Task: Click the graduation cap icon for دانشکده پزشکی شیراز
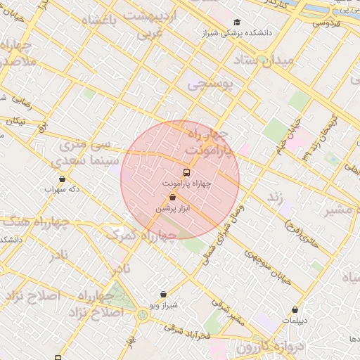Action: (x=236, y=22)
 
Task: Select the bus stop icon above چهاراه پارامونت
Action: (x=186, y=172)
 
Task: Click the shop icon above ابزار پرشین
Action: (x=173, y=198)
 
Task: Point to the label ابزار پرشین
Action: (x=173, y=209)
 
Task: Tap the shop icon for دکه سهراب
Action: (x=63, y=179)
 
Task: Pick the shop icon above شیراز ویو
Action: (x=163, y=295)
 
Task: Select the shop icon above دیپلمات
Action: (x=295, y=309)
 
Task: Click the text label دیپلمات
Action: (x=295, y=320)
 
